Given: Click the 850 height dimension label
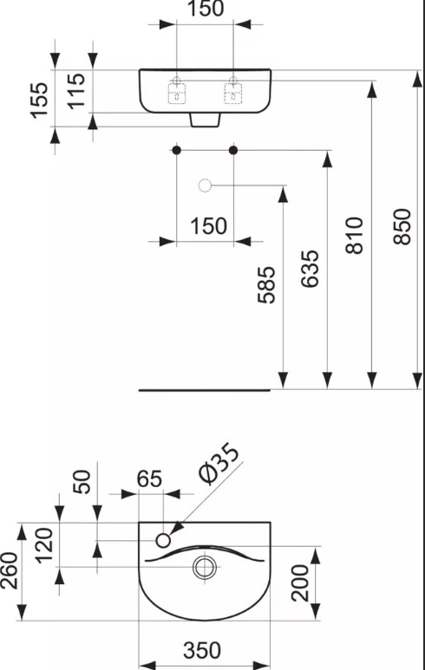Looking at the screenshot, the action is pyautogui.click(x=402, y=226).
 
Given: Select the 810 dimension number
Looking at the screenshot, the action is pyautogui.click(x=355, y=236).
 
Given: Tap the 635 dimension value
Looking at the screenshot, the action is pyautogui.click(x=310, y=269).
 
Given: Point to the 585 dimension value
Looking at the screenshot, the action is pyautogui.click(x=266, y=285).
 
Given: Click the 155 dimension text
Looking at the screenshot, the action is pyautogui.click(x=39, y=100).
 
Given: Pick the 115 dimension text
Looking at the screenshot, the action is pyautogui.click(x=77, y=91).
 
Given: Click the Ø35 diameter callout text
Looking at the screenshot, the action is pyautogui.click(x=219, y=464).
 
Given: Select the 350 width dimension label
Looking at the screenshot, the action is pyautogui.click(x=202, y=650).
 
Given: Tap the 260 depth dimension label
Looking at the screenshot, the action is pyautogui.click(x=10, y=571).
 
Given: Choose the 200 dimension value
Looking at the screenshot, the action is pyautogui.click(x=300, y=582).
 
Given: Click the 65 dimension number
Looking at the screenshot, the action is pyautogui.click(x=149, y=479).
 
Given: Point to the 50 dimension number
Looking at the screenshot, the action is pyautogui.click(x=82, y=482).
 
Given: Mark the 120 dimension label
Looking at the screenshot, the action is pyautogui.click(x=44, y=546).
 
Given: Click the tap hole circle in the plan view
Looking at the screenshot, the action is pyautogui.click(x=163, y=541).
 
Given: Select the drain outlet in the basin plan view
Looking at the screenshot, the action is pyautogui.click(x=205, y=568).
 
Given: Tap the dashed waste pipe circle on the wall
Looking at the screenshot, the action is pyautogui.click(x=206, y=185).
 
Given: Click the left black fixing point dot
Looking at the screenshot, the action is pyautogui.click(x=176, y=150).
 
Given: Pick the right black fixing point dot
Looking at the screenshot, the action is pyautogui.click(x=233, y=150).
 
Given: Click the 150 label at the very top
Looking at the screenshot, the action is pyautogui.click(x=206, y=9).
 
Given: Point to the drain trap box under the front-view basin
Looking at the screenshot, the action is pyautogui.click(x=206, y=120).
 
